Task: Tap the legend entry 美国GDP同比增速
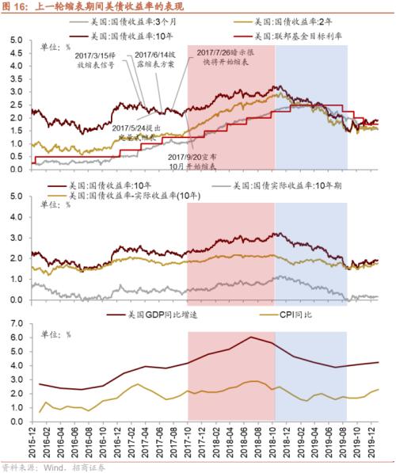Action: tap(112, 315)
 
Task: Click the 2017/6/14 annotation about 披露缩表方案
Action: tap(150, 60)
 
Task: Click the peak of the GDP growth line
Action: tap(251, 338)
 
